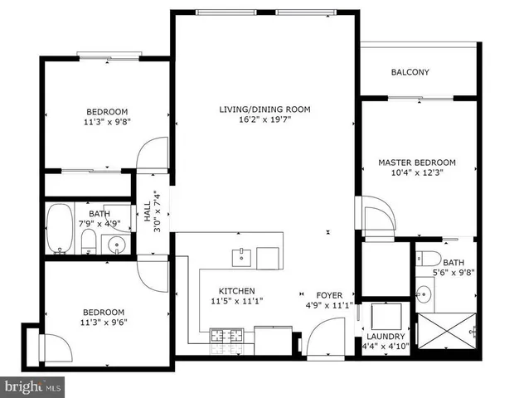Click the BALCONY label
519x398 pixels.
click(x=410, y=72)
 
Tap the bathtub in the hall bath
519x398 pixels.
click(x=59, y=228)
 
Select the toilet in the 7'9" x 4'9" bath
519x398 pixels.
click(x=89, y=243)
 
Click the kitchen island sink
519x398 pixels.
click(x=241, y=256)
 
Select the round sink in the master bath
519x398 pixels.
click(x=424, y=293)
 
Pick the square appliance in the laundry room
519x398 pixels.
click(x=386, y=318)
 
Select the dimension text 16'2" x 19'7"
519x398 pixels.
click(x=264, y=119)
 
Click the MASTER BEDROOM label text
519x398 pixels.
click(x=416, y=163)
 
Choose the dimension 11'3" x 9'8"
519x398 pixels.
click(x=107, y=123)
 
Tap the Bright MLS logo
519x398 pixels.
click(x=33, y=386)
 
